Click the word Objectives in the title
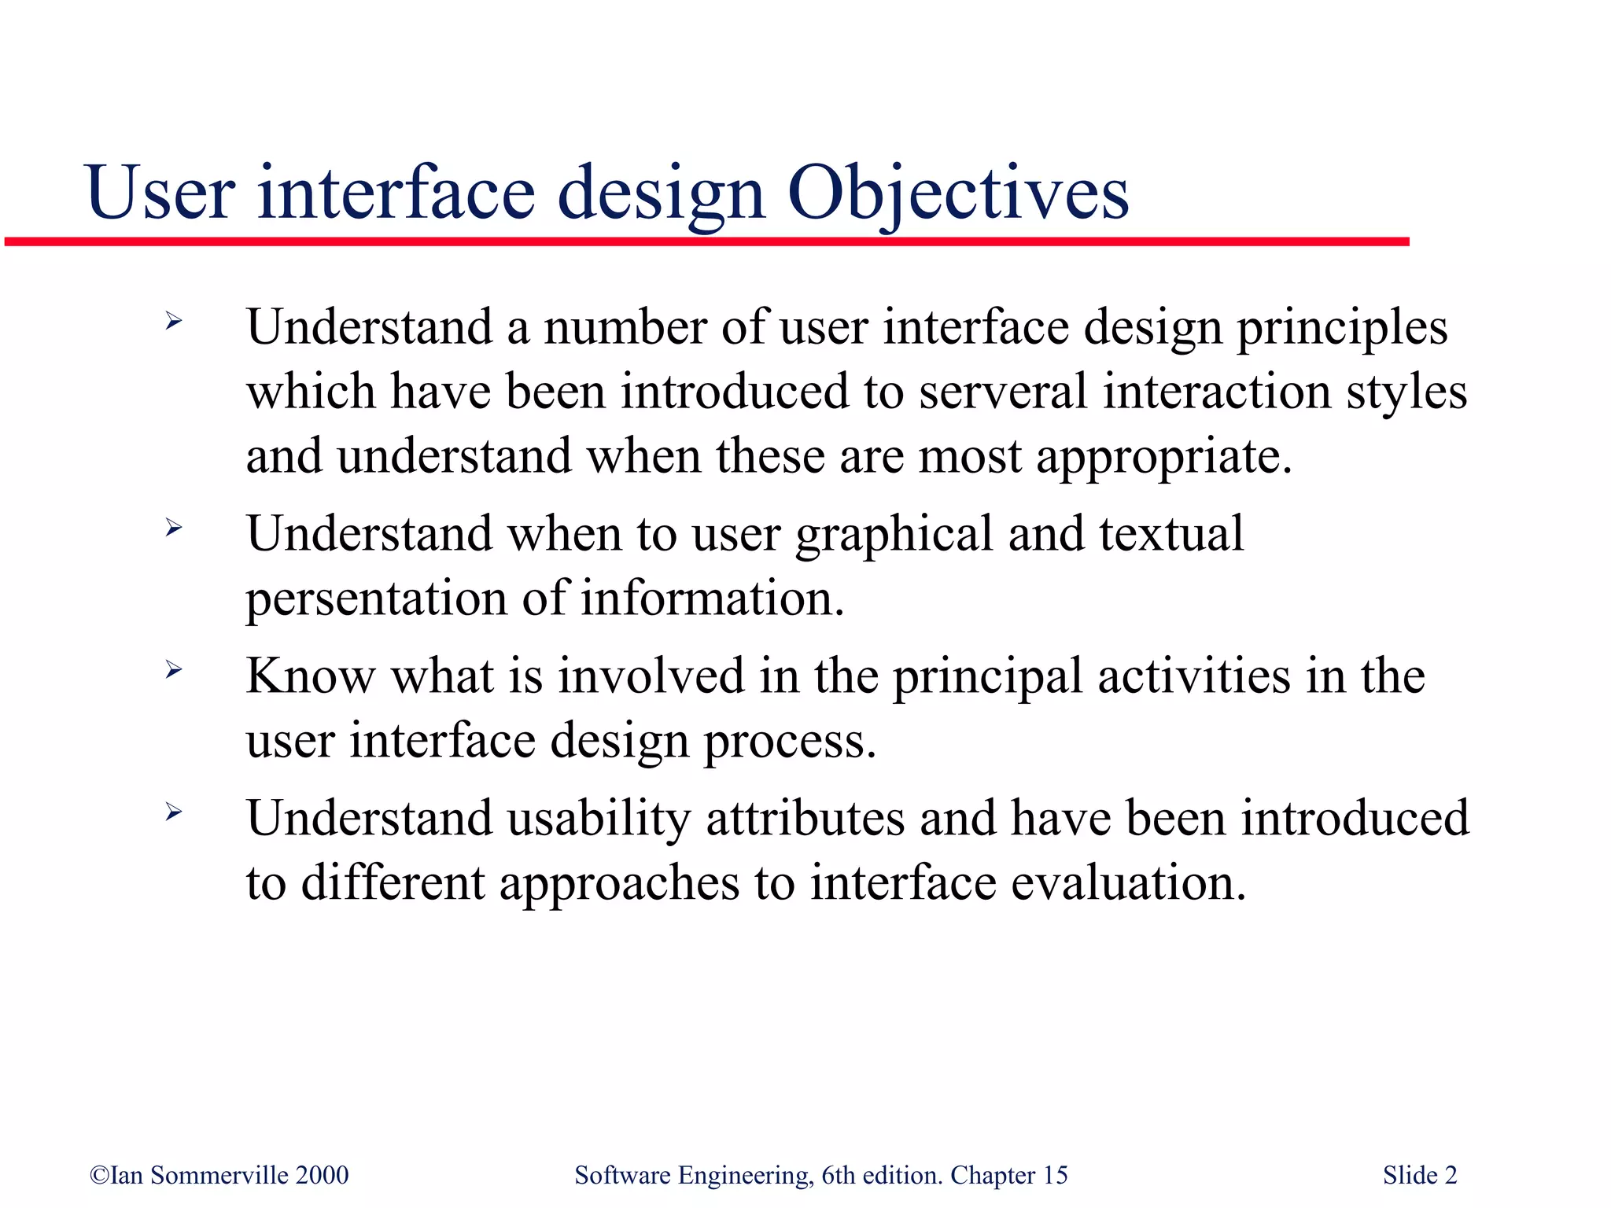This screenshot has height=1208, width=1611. [957, 193]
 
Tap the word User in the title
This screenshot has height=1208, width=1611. [160, 193]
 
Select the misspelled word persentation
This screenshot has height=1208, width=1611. [376, 599]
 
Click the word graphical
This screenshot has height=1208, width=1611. [894, 535]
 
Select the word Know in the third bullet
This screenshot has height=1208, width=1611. [311, 676]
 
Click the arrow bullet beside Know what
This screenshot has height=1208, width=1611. [174, 670]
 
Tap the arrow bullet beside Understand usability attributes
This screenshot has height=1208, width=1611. [174, 812]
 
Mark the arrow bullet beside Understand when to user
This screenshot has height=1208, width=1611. [174, 528]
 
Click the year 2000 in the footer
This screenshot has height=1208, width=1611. [322, 1175]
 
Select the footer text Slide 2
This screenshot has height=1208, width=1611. [1420, 1175]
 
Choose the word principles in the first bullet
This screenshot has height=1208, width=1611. [1342, 329]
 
